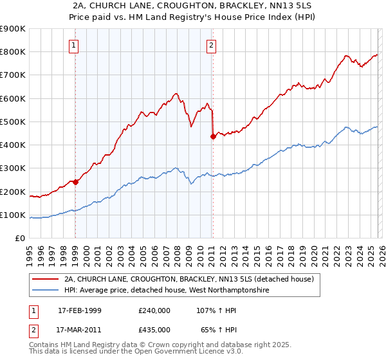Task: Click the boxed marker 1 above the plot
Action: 75,45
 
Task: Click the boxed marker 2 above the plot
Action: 212,45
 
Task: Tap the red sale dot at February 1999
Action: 75,182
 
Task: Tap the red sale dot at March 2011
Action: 213,136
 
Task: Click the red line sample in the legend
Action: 45,280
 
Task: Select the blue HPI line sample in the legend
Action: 45,291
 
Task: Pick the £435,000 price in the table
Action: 154,329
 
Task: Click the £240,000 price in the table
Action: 154,310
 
